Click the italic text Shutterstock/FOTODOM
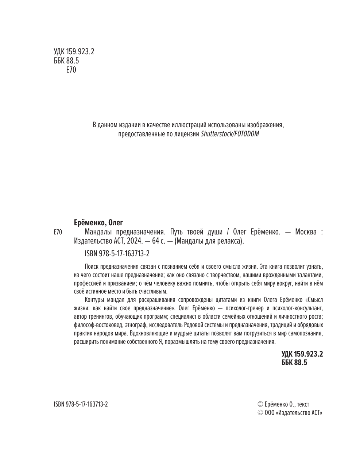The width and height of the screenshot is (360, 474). tap(230, 134)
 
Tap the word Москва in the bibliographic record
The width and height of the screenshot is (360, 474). tap(306, 232)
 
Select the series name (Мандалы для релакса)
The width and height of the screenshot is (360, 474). tap(209, 241)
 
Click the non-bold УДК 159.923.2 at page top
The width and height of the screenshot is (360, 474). tap(74, 52)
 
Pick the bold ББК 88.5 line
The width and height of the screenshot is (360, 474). tap(295, 362)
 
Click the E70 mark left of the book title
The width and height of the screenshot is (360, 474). tap(58, 232)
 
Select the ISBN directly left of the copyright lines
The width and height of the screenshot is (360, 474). tap(81, 404)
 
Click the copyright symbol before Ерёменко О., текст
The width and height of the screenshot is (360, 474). tap(260, 404)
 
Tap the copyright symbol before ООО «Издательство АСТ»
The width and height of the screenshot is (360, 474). tap(260, 413)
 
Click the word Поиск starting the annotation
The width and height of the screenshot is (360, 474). tap(92, 267)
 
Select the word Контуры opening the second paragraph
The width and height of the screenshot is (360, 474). tap(95, 300)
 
